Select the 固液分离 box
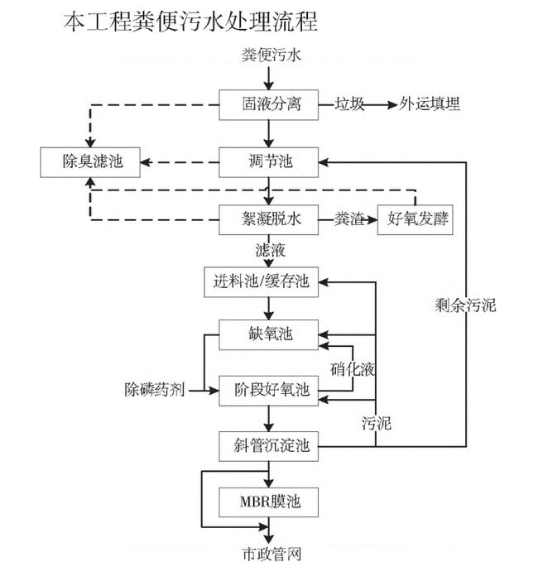267,105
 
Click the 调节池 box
267,161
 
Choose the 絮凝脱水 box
267,219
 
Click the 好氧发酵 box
417,219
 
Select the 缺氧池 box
267,334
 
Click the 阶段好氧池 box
267,389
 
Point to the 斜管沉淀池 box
267,445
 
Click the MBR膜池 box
267,502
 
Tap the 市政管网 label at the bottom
267,552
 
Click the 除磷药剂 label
155,389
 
